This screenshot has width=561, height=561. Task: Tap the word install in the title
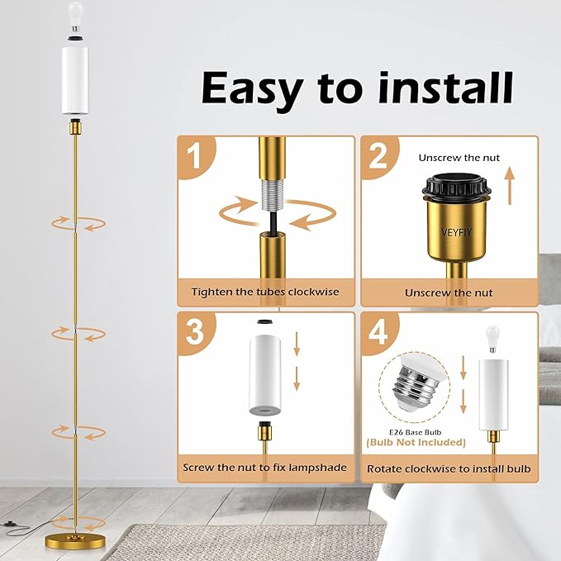click(x=446, y=88)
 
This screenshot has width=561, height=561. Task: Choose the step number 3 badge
click(x=195, y=332)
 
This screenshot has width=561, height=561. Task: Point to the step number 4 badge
click(x=378, y=332)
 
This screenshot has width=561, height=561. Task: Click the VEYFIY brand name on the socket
click(x=457, y=232)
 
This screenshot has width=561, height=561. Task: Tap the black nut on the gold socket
click(x=456, y=185)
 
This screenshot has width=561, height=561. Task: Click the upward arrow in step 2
click(x=511, y=186)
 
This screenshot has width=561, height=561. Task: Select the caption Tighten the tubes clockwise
click(x=265, y=292)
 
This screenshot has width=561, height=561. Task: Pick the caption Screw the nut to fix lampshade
click(x=264, y=468)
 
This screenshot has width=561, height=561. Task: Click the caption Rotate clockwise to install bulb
click(x=449, y=468)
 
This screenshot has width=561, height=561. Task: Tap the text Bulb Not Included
click(x=416, y=443)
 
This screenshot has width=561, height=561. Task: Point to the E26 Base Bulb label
click(x=416, y=432)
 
